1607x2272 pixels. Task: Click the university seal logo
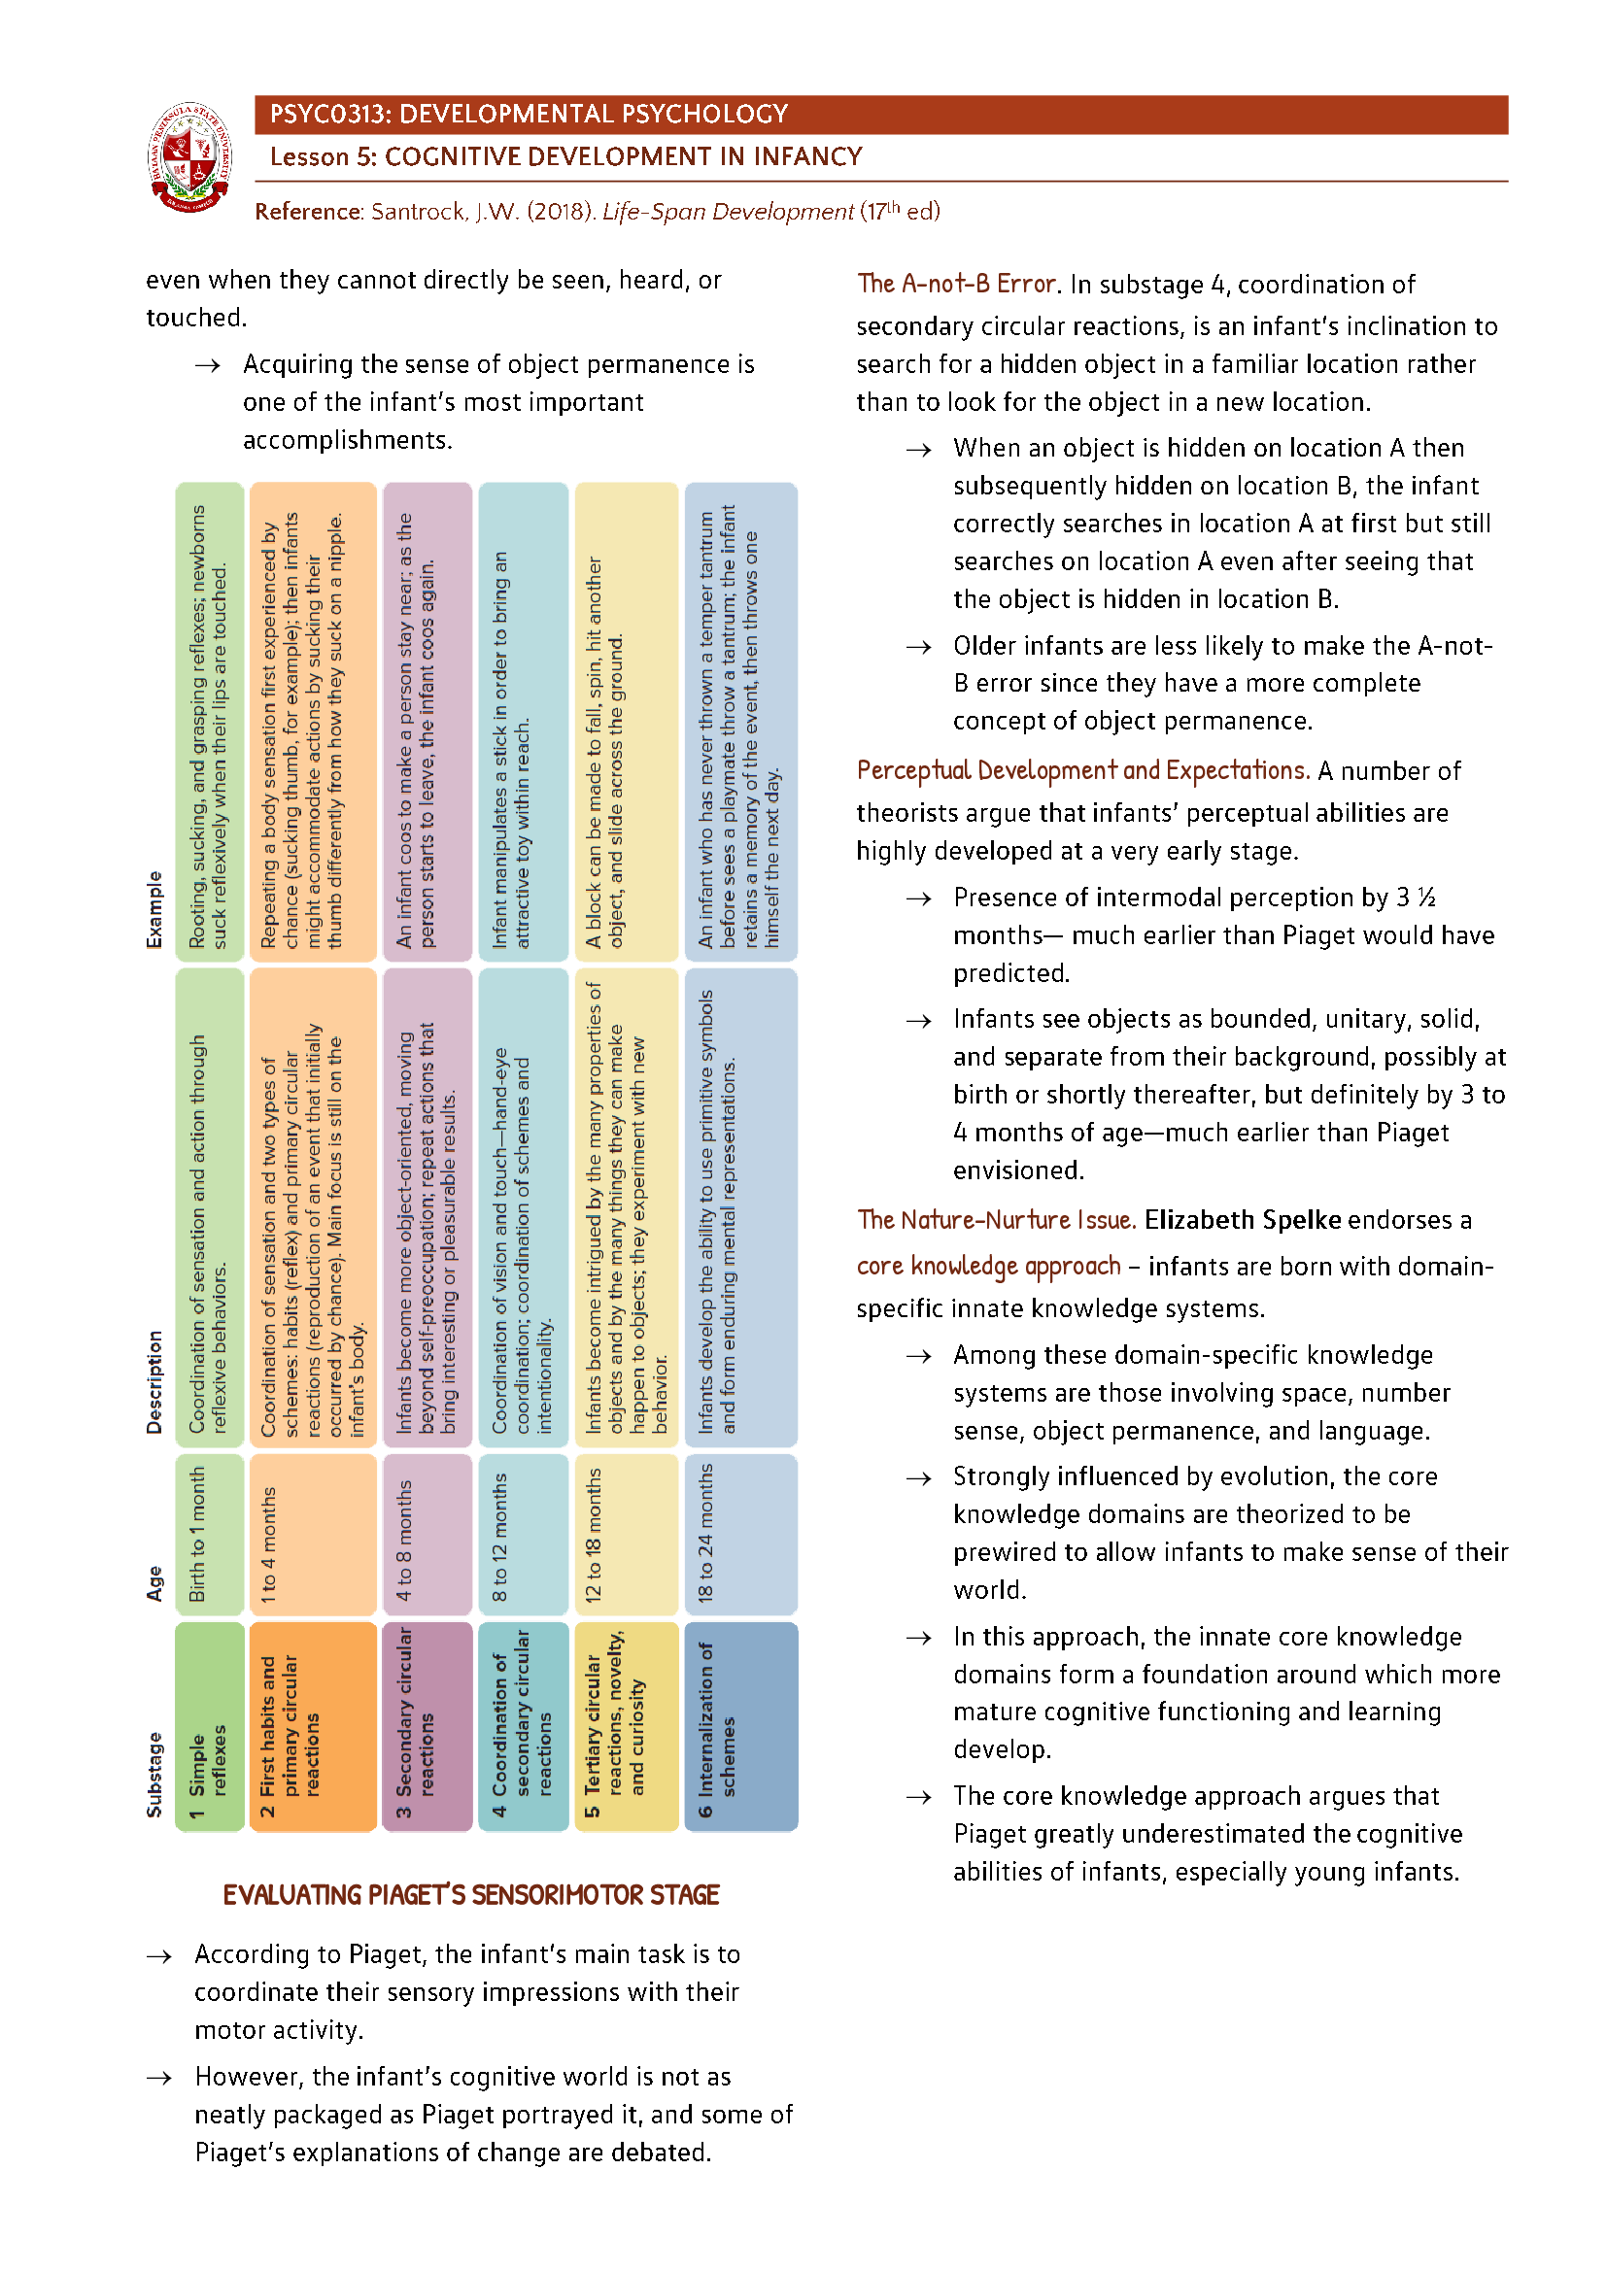coord(191,157)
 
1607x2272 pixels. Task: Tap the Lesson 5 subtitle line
coord(566,157)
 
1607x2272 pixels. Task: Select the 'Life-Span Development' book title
coord(728,212)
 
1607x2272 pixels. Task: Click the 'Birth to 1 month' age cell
coord(209,1533)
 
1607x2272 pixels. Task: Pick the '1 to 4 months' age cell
coord(312,1533)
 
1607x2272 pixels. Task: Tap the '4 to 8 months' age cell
coord(427,1533)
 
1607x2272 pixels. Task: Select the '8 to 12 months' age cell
coord(523,1533)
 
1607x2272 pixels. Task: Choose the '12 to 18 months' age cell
coord(626,1533)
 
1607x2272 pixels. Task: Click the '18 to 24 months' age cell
coord(740,1533)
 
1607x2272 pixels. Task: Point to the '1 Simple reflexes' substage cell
coord(209,1726)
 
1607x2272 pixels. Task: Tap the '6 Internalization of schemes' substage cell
coord(740,1726)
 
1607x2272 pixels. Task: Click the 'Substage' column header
coord(154,1774)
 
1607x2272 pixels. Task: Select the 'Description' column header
coord(154,1381)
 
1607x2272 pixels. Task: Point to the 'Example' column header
coord(154,909)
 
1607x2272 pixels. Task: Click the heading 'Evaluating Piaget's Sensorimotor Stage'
coord(471,1894)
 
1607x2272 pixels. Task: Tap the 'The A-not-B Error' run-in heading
coord(958,285)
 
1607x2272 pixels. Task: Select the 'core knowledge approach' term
coord(987,1267)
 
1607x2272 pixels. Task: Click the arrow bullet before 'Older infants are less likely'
coord(918,647)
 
